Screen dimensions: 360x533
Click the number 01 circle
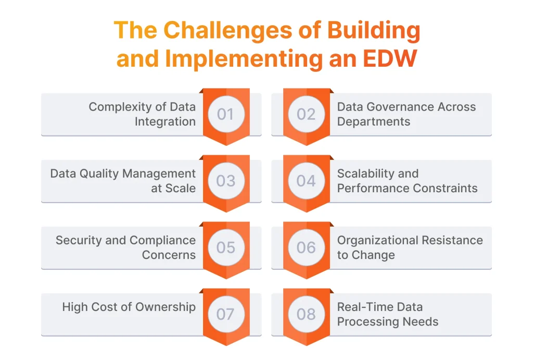click(x=226, y=114)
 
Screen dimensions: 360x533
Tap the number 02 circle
click(x=306, y=114)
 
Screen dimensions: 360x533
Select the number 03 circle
click(x=226, y=181)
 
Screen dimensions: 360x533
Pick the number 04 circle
click(x=306, y=181)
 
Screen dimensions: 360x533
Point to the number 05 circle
click(x=226, y=247)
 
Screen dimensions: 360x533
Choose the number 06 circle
click(x=306, y=247)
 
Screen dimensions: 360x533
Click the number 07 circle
click(x=226, y=314)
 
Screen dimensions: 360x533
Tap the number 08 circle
click(x=306, y=314)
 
